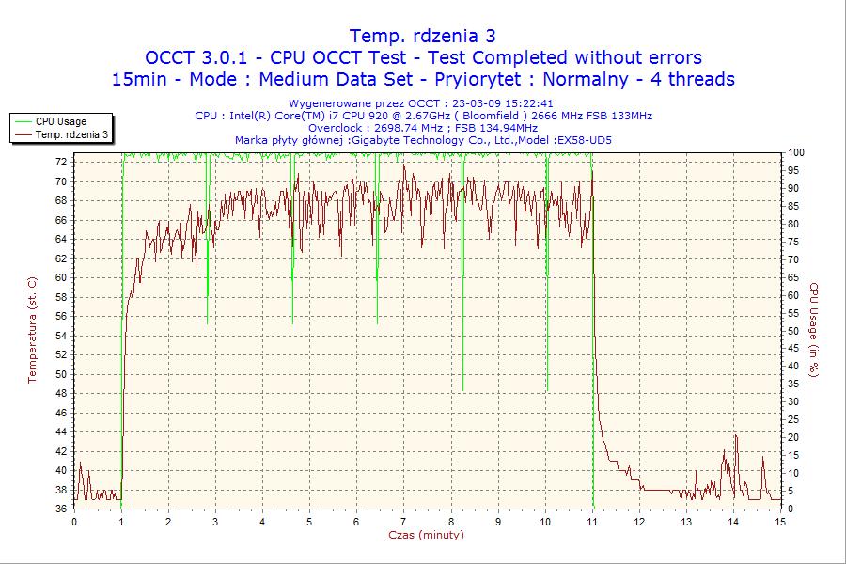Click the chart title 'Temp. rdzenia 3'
[423, 37]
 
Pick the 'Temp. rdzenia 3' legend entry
[71, 134]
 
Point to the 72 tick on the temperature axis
[61, 162]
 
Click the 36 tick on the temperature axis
[61, 509]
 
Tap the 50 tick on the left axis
[61, 374]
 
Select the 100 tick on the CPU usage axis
[796, 152]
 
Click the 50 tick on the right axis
[793, 331]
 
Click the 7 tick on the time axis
[403, 522]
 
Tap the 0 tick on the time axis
[74, 522]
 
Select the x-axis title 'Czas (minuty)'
[426, 535]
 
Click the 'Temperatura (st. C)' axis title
[32, 330]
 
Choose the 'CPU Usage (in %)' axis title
[814, 330]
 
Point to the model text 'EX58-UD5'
[585, 140]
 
